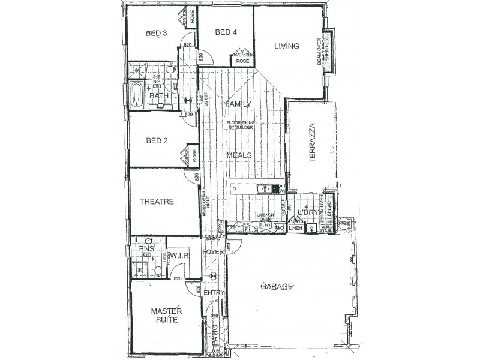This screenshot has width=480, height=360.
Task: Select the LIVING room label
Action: pyautogui.click(x=286, y=46)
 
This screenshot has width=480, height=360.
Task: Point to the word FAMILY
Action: pyautogui.click(x=238, y=104)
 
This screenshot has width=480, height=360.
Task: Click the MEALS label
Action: pyautogui.click(x=238, y=155)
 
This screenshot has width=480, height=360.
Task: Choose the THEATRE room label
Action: pyautogui.click(x=156, y=202)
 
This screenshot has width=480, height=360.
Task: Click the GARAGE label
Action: pyautogui.click(x=276, y=287)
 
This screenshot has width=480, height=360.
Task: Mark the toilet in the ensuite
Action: pyautogui.click(x=157, y=271)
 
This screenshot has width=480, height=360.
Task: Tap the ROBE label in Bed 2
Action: pyautogui.click(x=193, y=155)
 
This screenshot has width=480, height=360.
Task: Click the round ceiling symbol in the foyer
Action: pyautogui.click(x=211, y=277)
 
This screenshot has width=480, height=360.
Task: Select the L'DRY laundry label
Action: pyautogui.click(x=308, y=212)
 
